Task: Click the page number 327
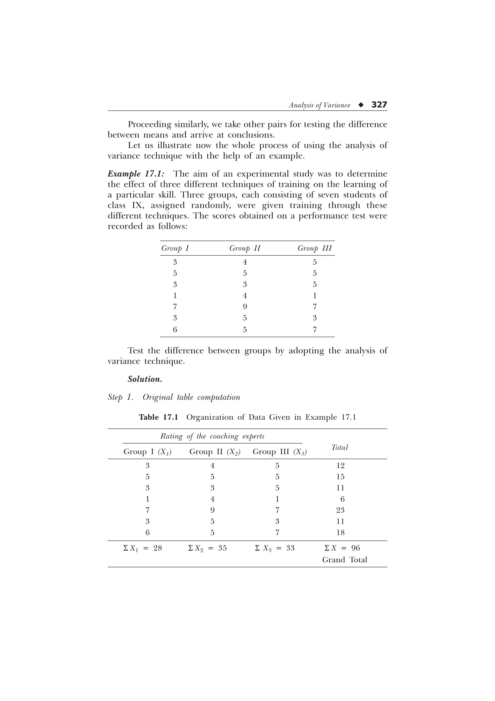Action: [x=379, y=105]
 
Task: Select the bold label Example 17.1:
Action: [x=136, y=174]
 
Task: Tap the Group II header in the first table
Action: [x=245, y=248]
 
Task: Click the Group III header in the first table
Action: [x=314, y=248]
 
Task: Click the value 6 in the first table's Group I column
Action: [x=175, y=330]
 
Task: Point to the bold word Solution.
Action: [x=145, y=379]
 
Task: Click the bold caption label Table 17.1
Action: [x=158, y=417]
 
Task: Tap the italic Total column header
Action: [x=339, y=447]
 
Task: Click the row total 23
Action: [x=340, y=510]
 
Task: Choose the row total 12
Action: [x=340, y=466]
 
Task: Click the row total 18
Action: [x=340, y=533]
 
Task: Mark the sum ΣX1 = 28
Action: [x=142, y=548]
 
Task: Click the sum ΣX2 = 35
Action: [x=207, y=548]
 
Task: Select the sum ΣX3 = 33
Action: [x=275, y=548]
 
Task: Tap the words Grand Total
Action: [x=345, y=560]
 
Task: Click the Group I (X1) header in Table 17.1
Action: [x=147, y=452]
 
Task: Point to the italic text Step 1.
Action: [x=120, y=397]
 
